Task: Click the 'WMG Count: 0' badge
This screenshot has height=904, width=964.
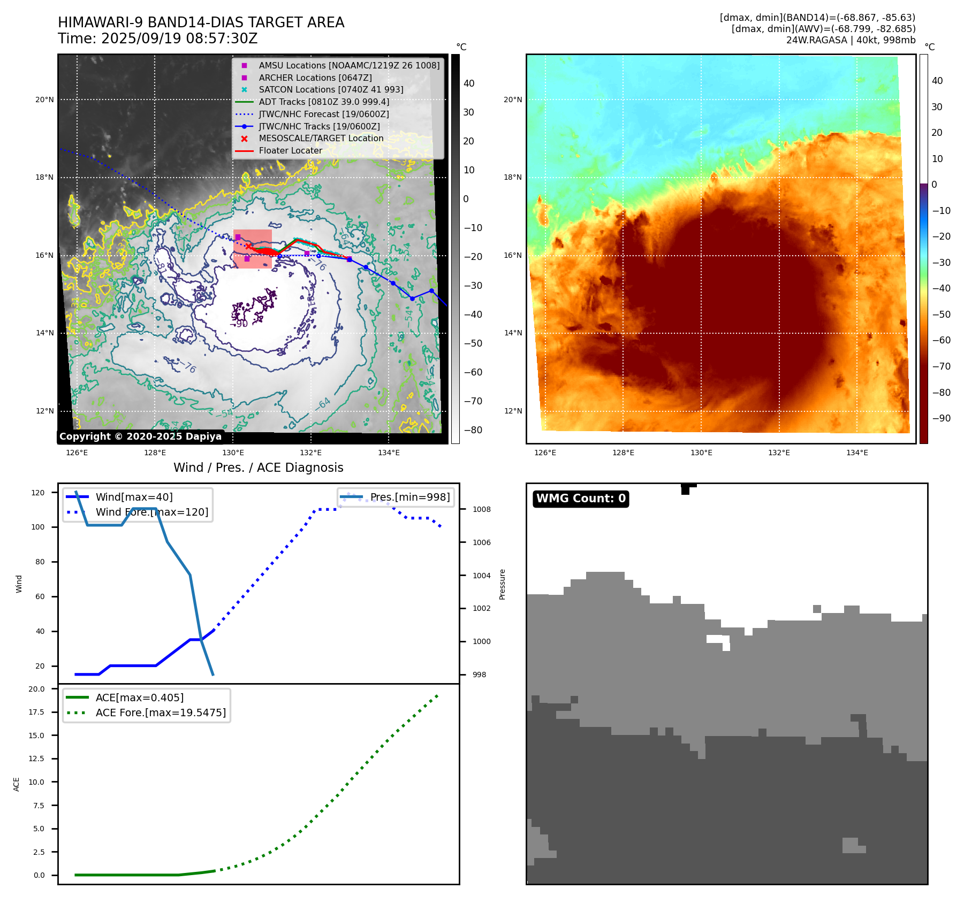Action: coord(581,499)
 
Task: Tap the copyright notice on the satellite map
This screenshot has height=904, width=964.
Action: coord(140,436)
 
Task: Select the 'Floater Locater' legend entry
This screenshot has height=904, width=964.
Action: coord(290,151)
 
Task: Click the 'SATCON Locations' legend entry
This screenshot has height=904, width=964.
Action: coord(331,90)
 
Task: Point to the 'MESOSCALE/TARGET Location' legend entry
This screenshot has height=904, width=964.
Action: coord(321,139)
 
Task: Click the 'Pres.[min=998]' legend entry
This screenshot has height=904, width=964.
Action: coord(409,497)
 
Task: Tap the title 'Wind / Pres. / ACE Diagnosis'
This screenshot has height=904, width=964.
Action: coord(259,468)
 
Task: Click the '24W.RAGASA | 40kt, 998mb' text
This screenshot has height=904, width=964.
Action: coord(851,40)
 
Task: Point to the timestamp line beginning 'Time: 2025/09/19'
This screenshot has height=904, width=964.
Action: coord(158,39)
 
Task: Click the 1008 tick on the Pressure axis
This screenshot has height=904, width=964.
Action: coord(481,509)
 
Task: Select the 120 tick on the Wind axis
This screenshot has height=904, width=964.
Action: coord(38,493)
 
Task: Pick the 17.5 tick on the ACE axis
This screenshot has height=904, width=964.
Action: coord(36,712)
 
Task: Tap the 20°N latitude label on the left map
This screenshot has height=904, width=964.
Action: coord(44,99)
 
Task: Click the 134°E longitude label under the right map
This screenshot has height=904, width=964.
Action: coord(857,453)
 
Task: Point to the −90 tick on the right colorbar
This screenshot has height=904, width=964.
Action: coord(941,418)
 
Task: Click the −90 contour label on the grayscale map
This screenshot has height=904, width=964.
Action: coord(239,324)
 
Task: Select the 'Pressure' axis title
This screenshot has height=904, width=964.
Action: coord(502,584)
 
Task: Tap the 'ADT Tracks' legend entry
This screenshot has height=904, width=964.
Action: coord(324,102)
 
